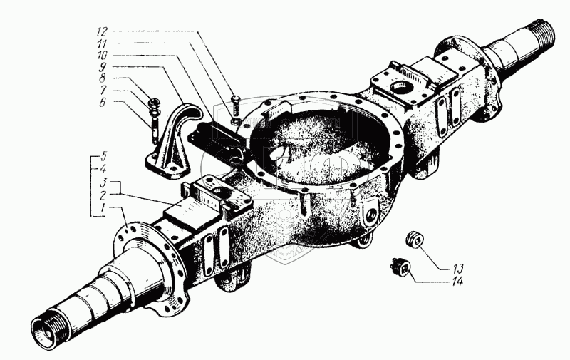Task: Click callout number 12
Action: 102,31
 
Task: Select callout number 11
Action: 102,43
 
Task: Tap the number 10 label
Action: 102,56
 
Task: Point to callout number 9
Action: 103,67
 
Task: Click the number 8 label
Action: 103,78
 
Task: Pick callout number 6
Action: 103,102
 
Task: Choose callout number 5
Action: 103,157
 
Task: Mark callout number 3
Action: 103,182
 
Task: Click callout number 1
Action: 103,208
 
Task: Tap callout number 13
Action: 458,269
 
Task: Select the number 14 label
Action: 457,281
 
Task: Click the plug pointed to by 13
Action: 414,239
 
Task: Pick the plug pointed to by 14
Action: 400,267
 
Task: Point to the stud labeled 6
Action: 155,130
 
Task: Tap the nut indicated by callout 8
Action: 153,103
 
